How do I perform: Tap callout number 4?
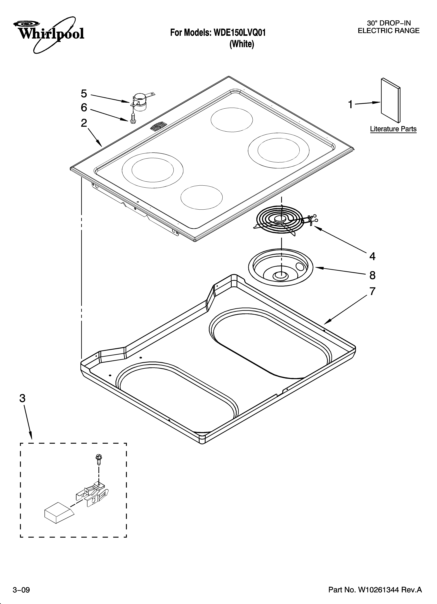click(x=372, y=256)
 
